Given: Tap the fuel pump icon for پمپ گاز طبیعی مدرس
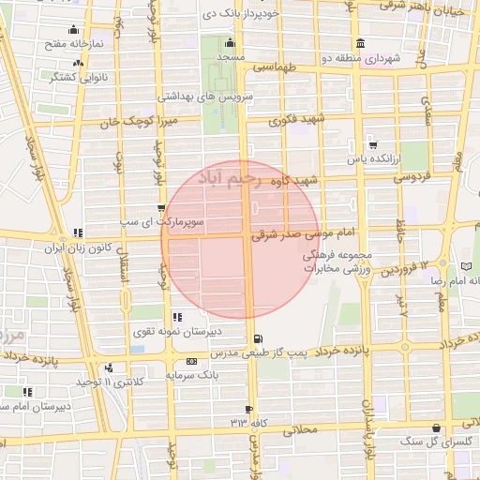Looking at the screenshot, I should (x=258, y=339).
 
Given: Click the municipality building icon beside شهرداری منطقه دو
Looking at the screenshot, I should (x=361, y=44).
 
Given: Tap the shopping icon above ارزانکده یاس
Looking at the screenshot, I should (x=373, y=144).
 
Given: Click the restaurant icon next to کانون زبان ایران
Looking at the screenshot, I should (x=77, y=232).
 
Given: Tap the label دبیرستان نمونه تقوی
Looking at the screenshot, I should (x=216, y=330).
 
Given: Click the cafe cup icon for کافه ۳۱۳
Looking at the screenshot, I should (x=248, y=410).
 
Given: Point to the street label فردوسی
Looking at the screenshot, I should (x=411, y=175).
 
